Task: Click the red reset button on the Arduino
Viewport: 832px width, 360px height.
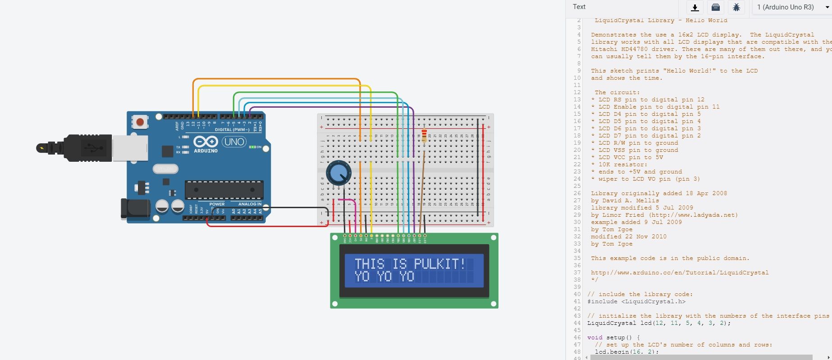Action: click(x=140, y=122)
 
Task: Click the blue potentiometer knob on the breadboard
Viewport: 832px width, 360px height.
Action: click(x=338, y=173)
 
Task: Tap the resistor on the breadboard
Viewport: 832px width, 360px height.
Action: click(x=424, y=135)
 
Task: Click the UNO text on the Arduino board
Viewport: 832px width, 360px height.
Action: click(x=234, y=142)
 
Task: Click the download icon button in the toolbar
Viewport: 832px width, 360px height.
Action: click(x=695, y=7)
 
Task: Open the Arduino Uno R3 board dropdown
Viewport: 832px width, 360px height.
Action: click(x=791, y=7)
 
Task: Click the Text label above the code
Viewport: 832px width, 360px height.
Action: click(x=579, y=7)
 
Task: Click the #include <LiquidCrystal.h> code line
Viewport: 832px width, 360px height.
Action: click(x=636, y=301)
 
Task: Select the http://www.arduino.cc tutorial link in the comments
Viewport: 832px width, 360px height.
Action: click(x=680, y=273)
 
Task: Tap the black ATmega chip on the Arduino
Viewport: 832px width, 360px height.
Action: click(x=224, y=190)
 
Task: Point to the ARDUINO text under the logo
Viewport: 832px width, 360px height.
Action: click(x=206, y=151)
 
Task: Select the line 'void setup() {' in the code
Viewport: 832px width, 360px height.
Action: click(x=613, y=337)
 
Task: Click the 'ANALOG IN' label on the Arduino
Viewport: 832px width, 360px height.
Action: click(x=250, y=204)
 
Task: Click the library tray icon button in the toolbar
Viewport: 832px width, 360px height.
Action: click(x=715, y=7)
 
